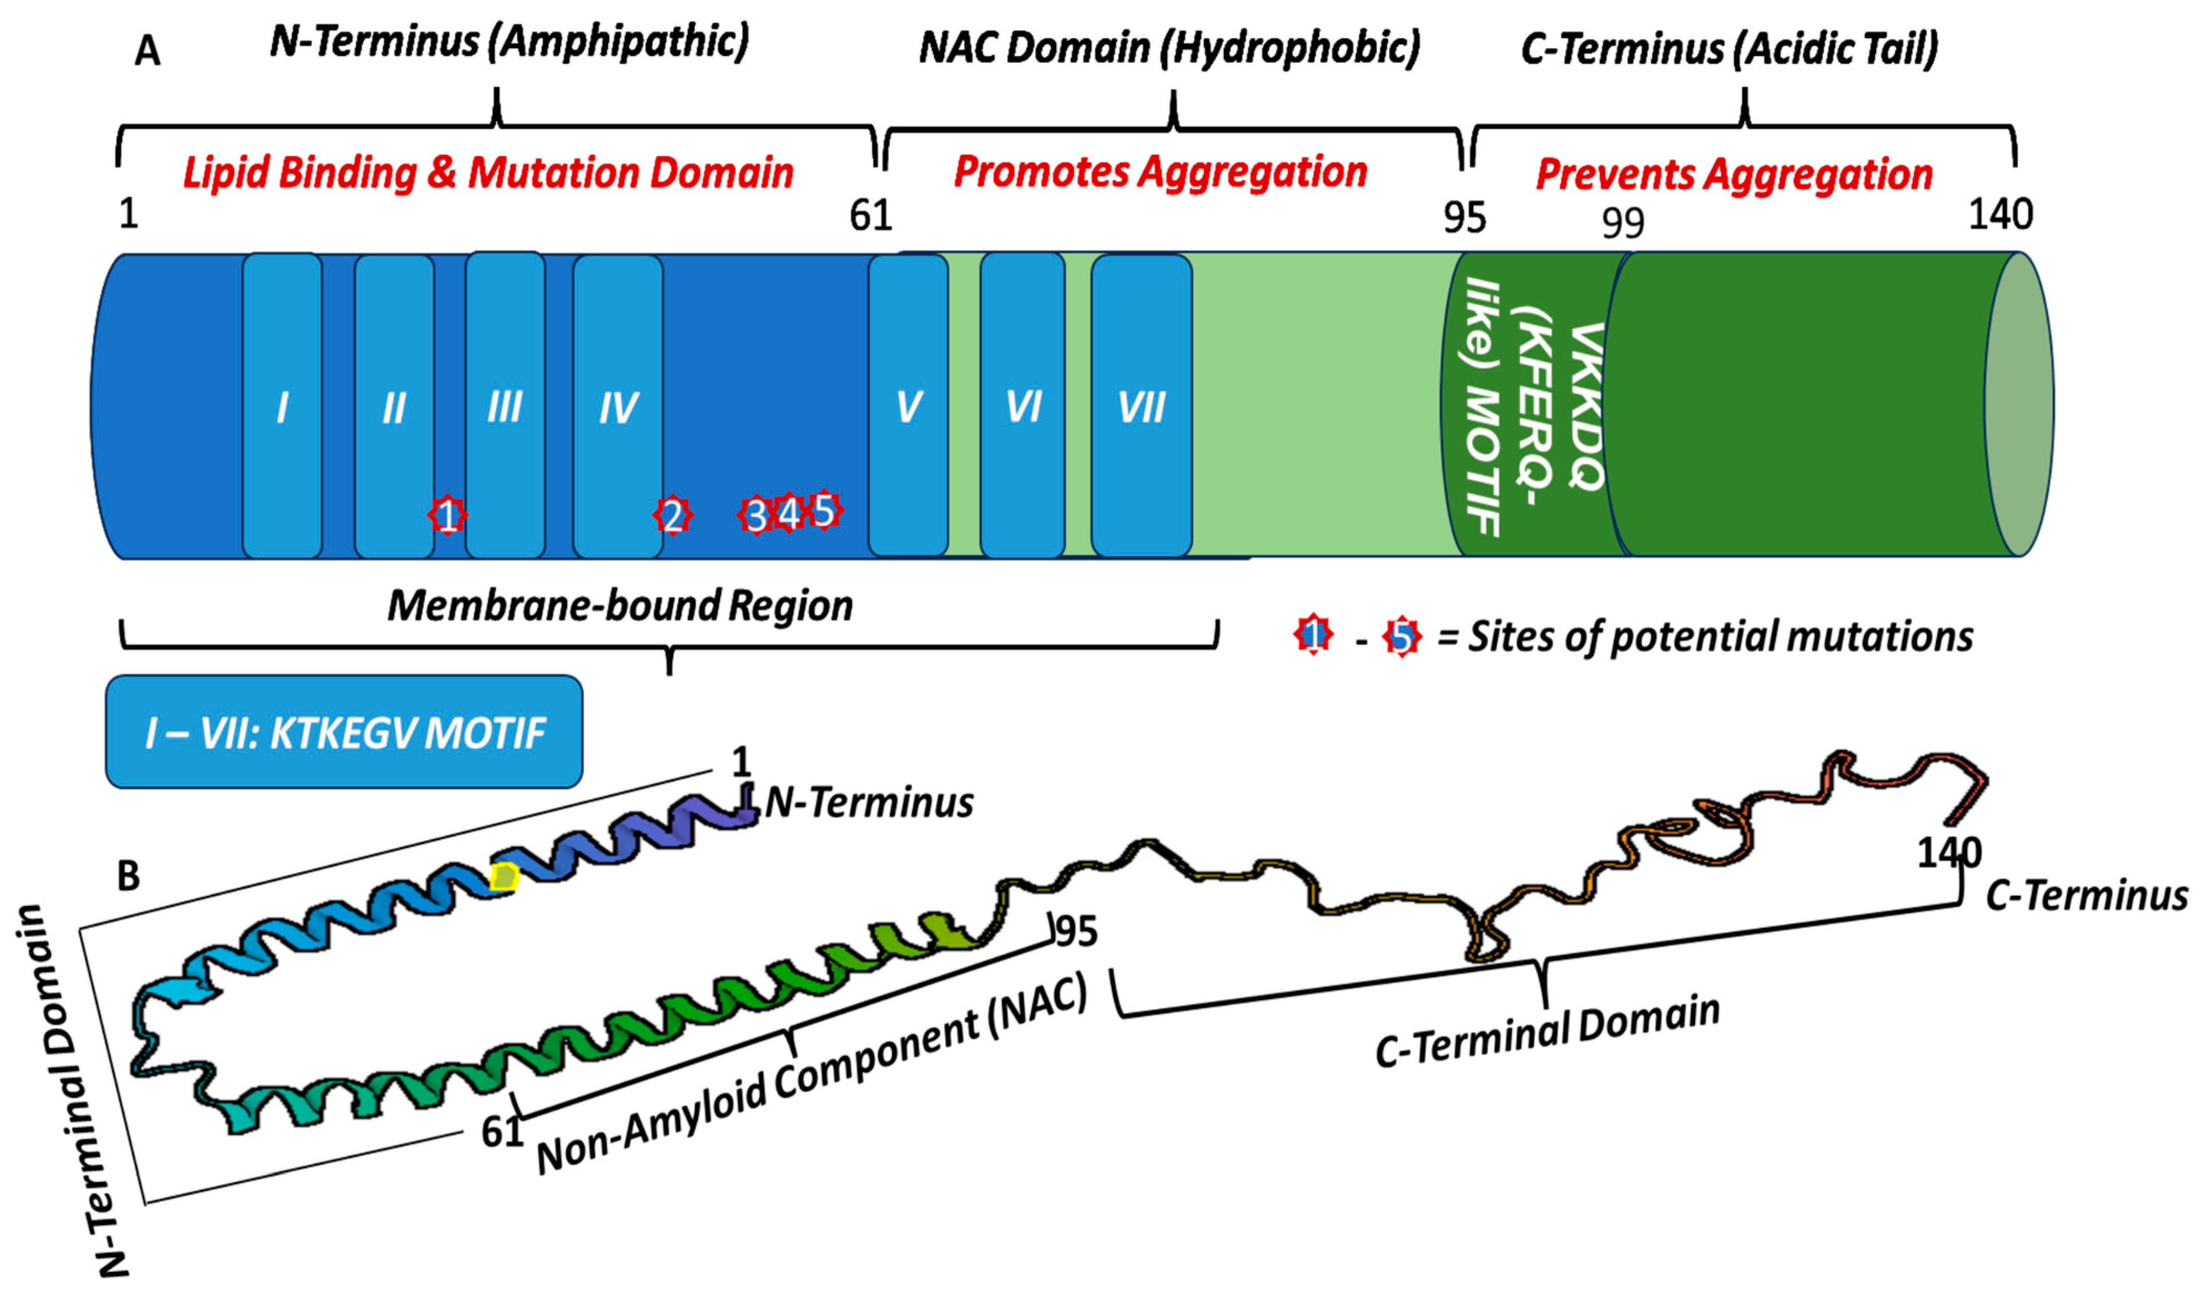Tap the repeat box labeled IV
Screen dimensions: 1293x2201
617,406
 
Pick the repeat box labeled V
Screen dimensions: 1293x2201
909,406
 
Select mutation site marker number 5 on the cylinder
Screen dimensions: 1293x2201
824,509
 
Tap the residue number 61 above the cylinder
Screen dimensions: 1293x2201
870,215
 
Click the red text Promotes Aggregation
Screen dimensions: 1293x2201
1160,171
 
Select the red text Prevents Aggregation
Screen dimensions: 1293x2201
1734,174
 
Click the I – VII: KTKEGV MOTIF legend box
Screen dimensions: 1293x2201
344,732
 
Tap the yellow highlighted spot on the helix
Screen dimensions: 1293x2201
504,876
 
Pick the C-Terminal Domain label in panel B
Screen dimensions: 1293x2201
1547,1031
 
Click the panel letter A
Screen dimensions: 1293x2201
147,52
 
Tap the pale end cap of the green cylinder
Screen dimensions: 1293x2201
2019,403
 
